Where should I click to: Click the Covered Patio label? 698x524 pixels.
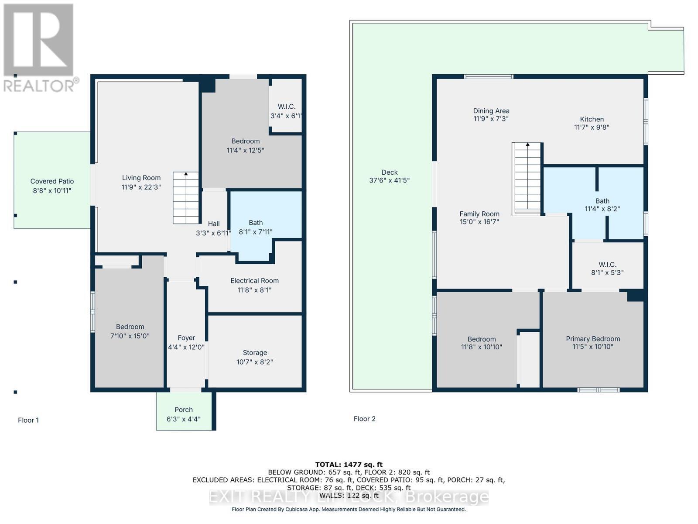[x=52, y=181]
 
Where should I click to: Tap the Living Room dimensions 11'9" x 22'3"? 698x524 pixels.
[x=141, y=187]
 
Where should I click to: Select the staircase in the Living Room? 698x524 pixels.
[x=186, y=198]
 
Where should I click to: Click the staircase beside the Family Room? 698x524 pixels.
[x=527, y=179]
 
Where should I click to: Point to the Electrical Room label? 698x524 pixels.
[x=254, y=281]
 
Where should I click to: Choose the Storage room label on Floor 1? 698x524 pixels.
[x=255, y=353]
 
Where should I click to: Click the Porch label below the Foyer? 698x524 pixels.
[x=184, y=410]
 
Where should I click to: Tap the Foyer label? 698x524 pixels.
[x=186, y=338]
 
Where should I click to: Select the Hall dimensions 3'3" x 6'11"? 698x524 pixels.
[x=213, y=233]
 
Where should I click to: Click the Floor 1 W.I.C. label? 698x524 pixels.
[x=287, y=107]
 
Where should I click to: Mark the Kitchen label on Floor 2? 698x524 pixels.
[x=592, y=119]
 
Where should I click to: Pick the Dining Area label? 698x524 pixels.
[x=491, y=111]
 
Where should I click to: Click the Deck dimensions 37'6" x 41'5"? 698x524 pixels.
[x=389, y=180]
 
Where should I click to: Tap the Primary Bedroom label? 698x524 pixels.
[x=593, y=339]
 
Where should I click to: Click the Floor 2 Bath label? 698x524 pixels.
[x=602, y=201]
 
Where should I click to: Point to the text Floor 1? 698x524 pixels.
[x=28, y=420]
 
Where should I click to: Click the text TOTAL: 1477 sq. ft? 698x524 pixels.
[x=349, y=465]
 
